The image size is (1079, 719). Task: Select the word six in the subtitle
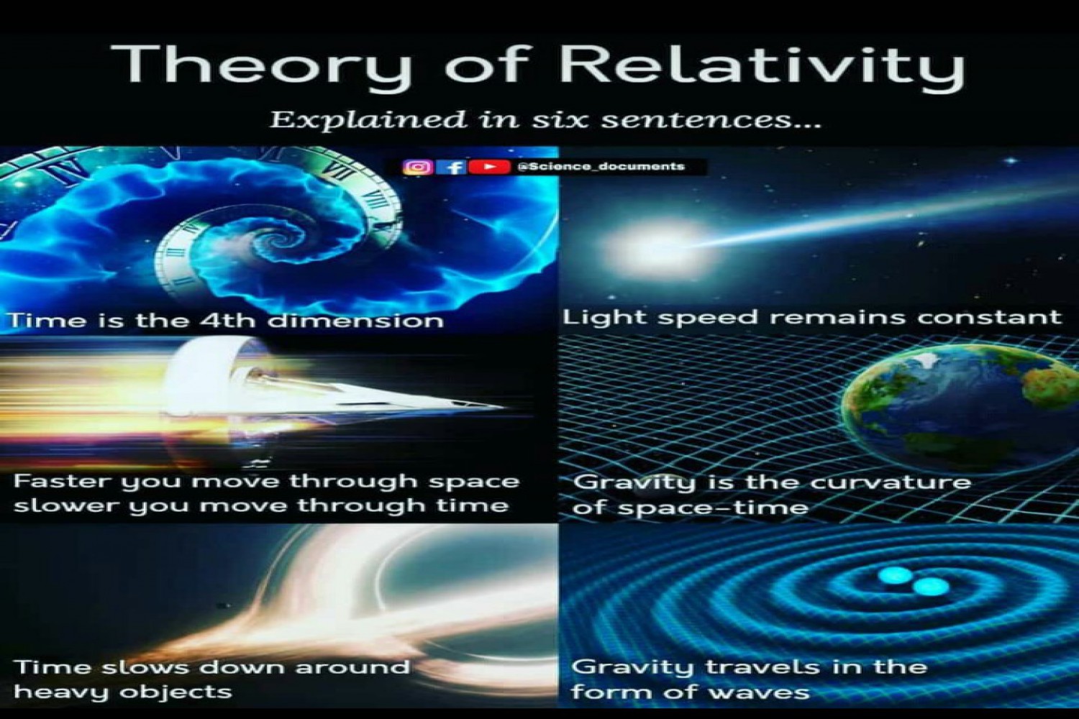[563, 119]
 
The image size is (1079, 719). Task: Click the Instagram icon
[418, 167]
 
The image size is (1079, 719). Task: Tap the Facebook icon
[451, 167]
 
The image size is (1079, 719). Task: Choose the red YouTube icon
[489, 167]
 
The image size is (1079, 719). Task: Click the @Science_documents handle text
[601, 166]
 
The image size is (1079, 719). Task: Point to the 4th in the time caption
[227, 320]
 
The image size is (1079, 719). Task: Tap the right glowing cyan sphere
[931, 587]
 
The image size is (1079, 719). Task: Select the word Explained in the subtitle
[368, 120]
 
